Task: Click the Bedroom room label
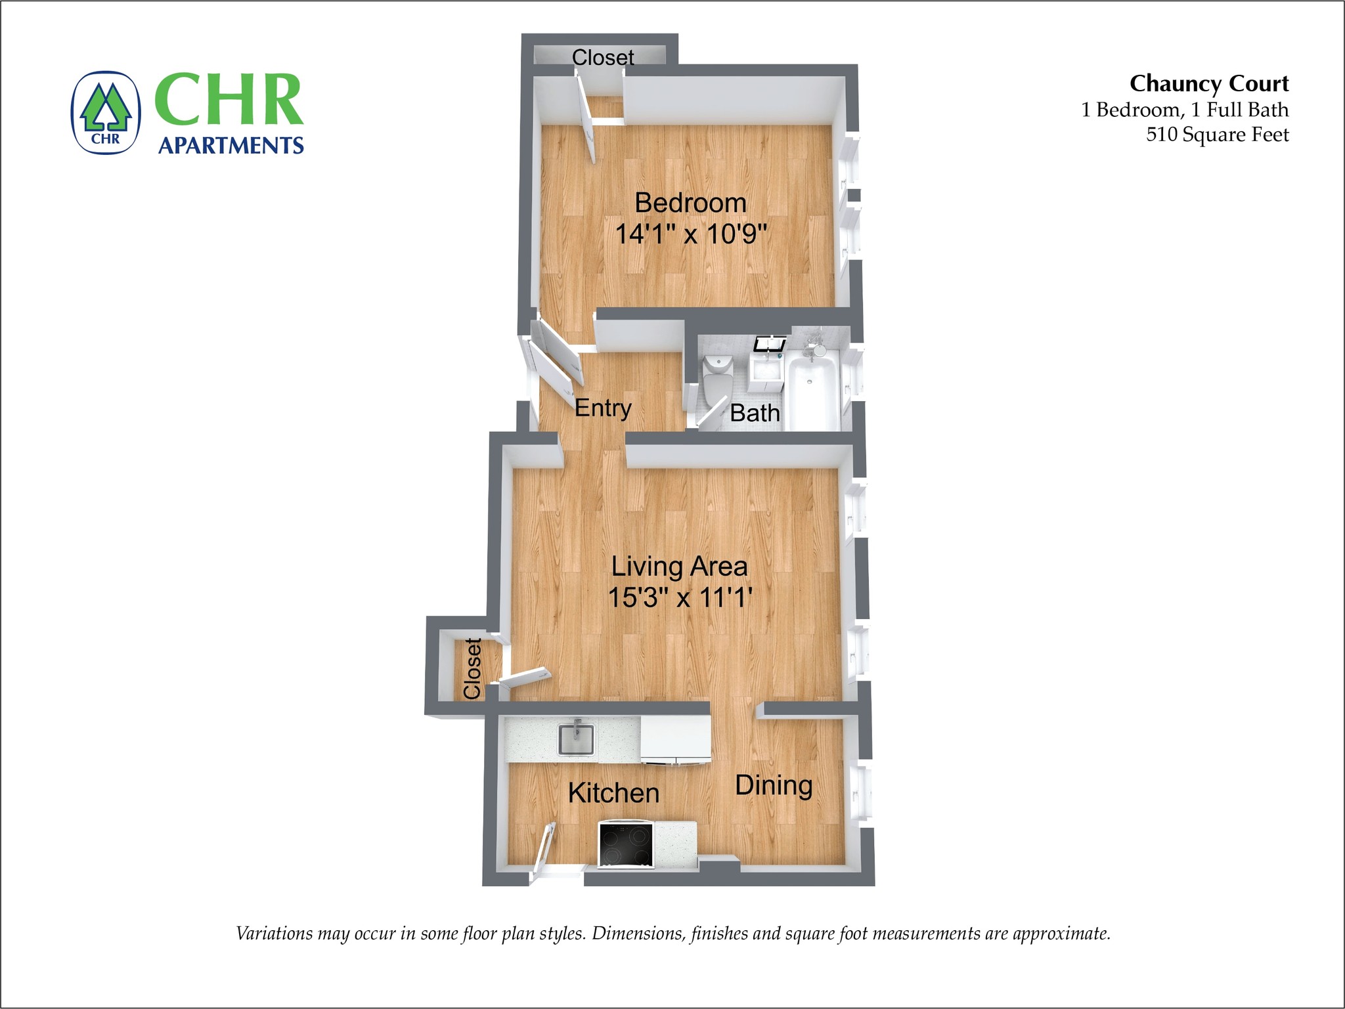690,203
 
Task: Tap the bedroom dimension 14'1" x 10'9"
690,234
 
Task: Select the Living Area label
679,567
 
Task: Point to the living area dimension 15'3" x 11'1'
679,597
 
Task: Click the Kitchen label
613,793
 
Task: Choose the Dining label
774,785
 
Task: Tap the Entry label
603,408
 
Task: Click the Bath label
755,413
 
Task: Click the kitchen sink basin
576,739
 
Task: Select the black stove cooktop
625,845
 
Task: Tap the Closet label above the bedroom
603,58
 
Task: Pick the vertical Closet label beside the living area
472,668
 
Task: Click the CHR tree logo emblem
106,113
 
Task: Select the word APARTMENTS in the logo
231,145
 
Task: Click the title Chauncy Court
1209,83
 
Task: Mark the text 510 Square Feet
1217,135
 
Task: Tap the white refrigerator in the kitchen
675,740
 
